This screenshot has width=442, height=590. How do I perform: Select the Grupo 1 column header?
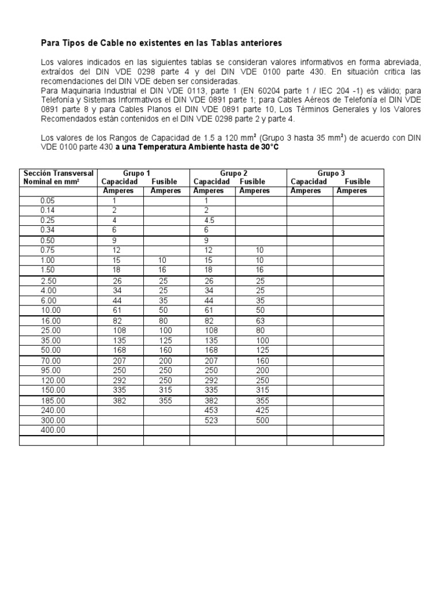[136, 173]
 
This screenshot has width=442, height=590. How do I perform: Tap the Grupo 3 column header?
[331, 173]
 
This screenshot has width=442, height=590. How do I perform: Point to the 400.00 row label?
[53, 430]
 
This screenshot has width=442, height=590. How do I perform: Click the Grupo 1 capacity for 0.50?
[115, 240]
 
